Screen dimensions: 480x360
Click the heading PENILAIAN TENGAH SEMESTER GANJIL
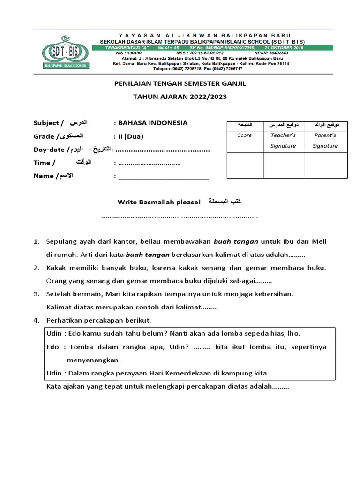click(x=180, y=83)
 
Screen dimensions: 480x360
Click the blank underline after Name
click(x=163, y=177)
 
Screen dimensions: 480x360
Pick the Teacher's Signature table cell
click(x=283, y=140)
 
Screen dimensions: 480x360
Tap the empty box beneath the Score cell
click(x=245, y=165)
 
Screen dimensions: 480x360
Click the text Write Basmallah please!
click(x=159, y=202)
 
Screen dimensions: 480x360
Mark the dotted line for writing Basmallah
click(x=180, y=216)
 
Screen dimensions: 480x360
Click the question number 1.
click(x=36, y=242)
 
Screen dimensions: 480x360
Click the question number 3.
click(x=36, y=294)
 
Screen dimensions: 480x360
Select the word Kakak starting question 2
click(x=56, y=268)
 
